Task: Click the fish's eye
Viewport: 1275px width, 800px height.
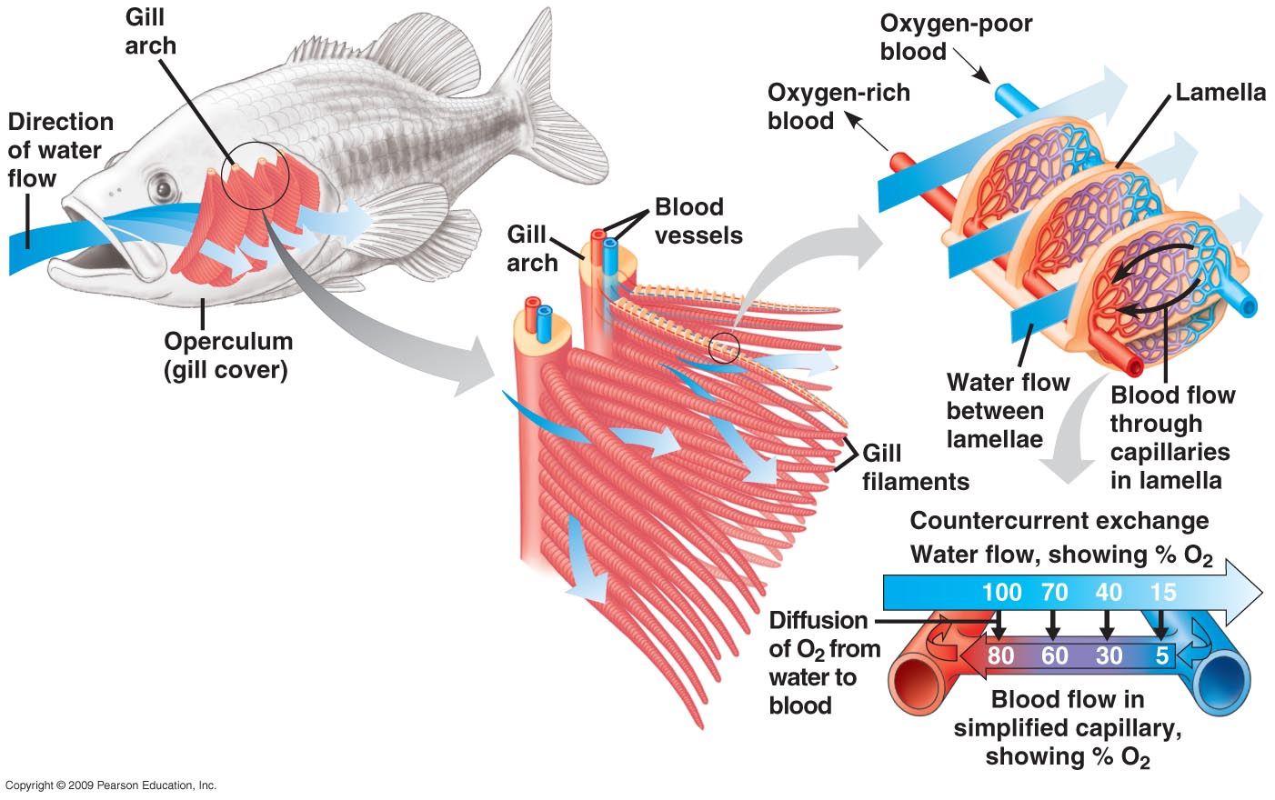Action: coord(164,189)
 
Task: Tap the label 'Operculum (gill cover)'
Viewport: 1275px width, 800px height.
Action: coord(227,355)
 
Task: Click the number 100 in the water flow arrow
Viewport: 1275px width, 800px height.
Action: coord(1001,593)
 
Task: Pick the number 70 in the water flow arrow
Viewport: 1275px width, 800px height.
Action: coord(1054,593)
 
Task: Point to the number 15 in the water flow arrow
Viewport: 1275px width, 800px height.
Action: coord(1163,593)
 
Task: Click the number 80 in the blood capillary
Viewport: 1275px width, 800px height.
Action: coord(1000,655)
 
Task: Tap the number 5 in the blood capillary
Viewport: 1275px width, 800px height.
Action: coord(1161,655)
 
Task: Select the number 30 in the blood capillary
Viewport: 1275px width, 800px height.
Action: coord(1109,655)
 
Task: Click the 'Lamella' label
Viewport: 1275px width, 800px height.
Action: coord(1220,93)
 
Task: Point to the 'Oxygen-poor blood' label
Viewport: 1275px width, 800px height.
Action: coord(955,37)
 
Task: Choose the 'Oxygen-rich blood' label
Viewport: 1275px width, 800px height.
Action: coord(838,106)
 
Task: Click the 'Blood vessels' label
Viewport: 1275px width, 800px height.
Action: coord(698,221)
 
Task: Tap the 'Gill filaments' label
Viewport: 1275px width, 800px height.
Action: coord(914,467)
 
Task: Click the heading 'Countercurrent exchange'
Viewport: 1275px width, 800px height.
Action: coord(1059,521)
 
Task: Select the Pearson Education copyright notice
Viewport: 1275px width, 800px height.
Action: coord(110,785)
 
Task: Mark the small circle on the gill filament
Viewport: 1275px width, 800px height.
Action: coord(725,347)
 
